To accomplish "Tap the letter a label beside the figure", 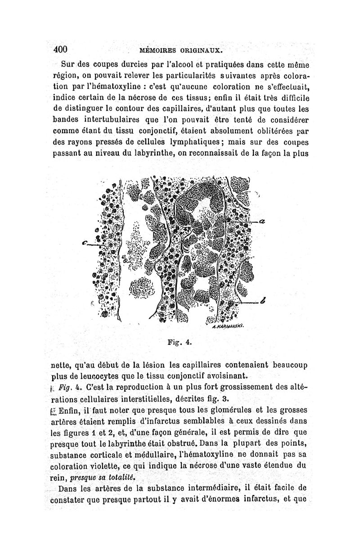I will click(x=262, y=221).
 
